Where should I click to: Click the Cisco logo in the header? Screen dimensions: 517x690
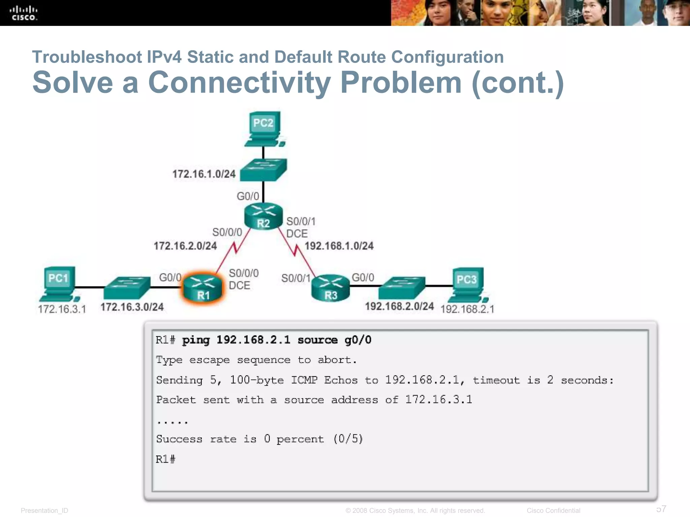(x=23, y=13)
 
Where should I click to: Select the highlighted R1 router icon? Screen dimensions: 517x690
(x=203, y=288)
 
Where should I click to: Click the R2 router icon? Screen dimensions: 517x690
(x=263, y=216)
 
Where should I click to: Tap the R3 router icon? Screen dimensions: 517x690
(x=331, y=288)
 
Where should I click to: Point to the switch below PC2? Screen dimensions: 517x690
(x=263, y=169)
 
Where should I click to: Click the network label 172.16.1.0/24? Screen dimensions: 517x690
(x=204, y=174)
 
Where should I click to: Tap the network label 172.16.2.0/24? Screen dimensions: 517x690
(x=185, y=246)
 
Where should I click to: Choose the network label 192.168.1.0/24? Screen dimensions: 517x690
(x=339, y=246)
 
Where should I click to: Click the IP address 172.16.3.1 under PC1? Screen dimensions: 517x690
(x=62, y=309)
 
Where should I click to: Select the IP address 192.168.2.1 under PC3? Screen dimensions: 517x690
(x=467, y=309)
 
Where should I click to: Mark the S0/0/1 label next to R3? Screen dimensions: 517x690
(x=295, y=278)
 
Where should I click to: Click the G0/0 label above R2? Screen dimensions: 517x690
(x=248, y=196)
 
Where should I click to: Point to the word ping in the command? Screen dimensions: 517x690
(x=196, y=340)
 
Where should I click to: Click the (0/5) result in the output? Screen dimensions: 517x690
(x=348, y=439)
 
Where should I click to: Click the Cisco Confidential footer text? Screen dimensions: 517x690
(x=553, y=511)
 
